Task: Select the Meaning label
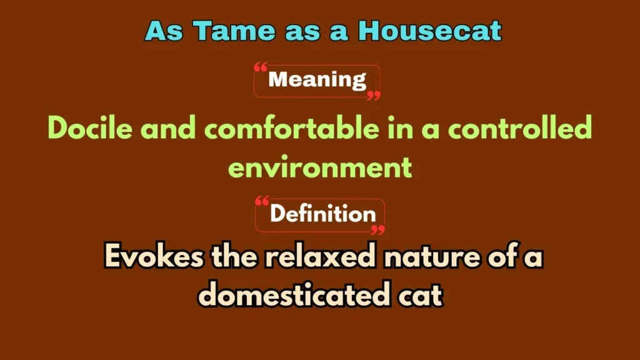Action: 317,80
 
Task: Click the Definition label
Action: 322,214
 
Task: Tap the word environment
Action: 320,167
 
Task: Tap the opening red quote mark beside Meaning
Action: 261,67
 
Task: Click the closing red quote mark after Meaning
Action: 374,95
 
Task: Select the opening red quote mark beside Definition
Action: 262,201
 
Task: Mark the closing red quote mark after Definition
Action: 377,229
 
